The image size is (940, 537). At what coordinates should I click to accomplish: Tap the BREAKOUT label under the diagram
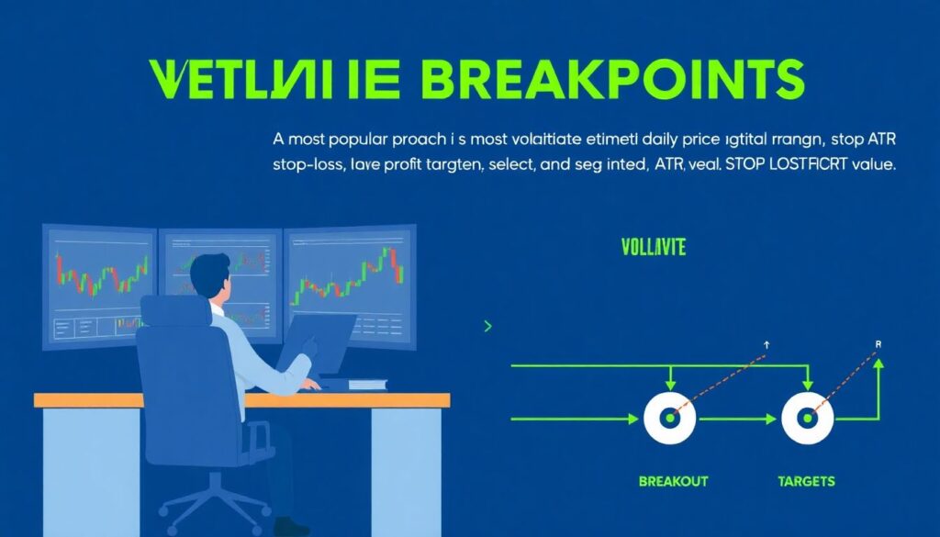(673, 481)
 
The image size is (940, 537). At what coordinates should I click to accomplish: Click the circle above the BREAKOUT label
(671, 419)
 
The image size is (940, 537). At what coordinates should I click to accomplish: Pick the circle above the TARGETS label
(807, 419)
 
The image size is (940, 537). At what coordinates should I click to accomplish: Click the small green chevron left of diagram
(487, 326)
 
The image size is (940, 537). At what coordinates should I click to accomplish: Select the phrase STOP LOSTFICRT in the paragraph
(790, 167)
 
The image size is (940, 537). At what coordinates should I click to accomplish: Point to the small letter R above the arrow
(878, 344)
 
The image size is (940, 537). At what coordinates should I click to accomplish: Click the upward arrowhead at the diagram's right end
(878, 364)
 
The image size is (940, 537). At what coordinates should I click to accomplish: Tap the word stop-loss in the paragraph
(308, 167)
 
